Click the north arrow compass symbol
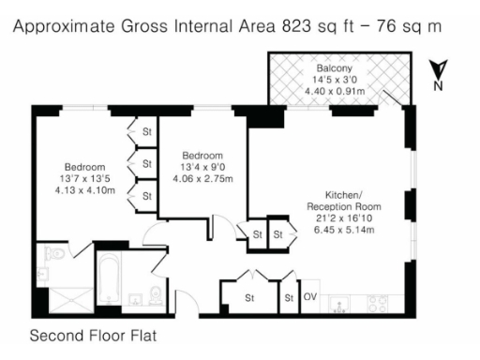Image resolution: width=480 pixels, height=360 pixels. point(437,74)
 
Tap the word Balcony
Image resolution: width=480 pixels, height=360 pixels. point(334,68)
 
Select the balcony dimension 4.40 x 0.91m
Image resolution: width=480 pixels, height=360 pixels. point(334,92)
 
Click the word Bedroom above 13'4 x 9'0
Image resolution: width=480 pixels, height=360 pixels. point(202,156)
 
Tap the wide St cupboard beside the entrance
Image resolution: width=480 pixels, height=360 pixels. point(250,298)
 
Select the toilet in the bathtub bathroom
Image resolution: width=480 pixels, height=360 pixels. point(154,298)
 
